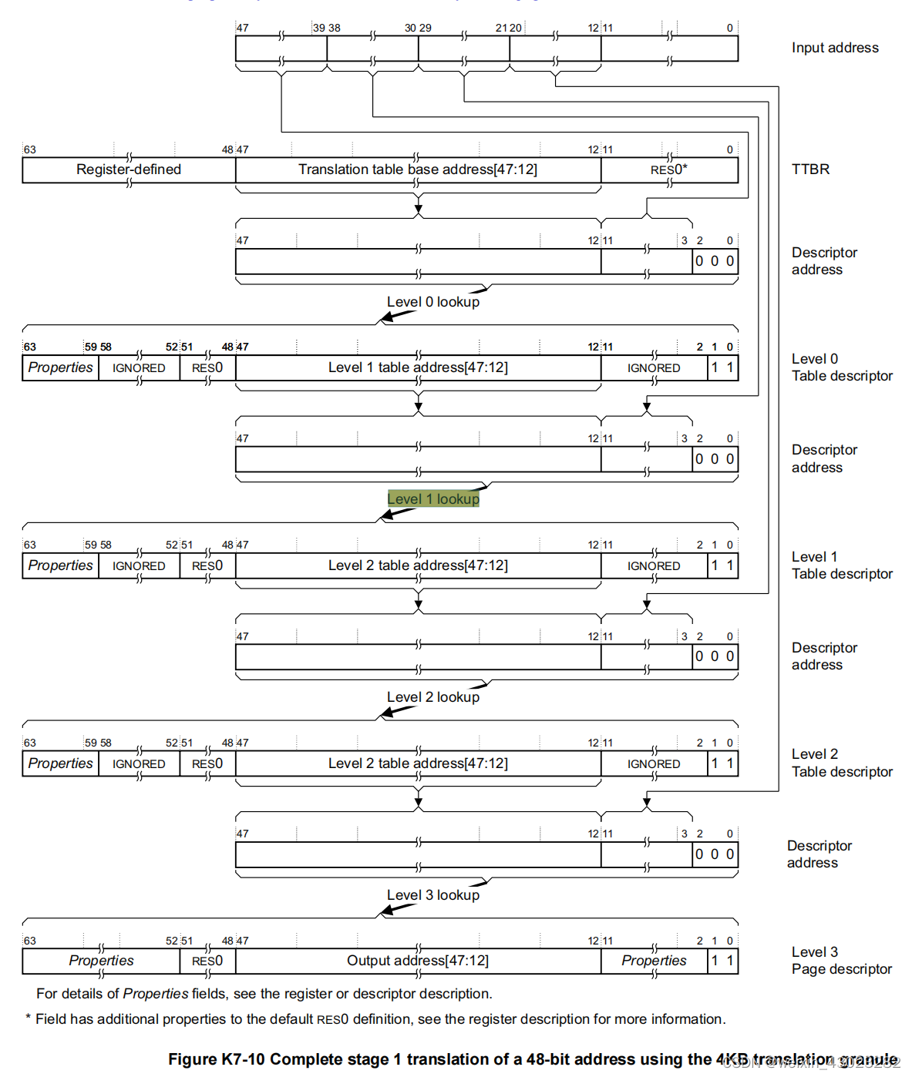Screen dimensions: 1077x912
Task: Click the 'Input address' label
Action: pyautogui.click(x=835, y=48)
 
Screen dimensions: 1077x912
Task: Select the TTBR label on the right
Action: pyautogui.click(x=810, y=169)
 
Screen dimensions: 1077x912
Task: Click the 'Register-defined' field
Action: pyautogui.click(x=129, y=169)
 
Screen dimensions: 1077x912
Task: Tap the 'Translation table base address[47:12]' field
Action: pyautogui.click(x=418, y=169)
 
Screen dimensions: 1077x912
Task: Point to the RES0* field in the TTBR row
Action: pyautogui.click(x=668, y=169)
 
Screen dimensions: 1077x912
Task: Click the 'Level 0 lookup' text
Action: pyautogui.click(x=433, y=302)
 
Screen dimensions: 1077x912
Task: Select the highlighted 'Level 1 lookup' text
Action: pyautogui.click(x=433, y=499)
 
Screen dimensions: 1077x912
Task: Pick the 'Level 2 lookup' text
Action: pyautogui.click(x=433, y=697)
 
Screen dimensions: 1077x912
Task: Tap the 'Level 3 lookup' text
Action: pyautogui.click(x=433, y=895)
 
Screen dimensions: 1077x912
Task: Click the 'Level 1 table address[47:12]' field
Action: pyautogui.click(x=418, y=367)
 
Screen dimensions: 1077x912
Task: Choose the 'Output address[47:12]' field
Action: pyautogui.click(x=418, y=961)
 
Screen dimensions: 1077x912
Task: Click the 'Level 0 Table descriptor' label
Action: pyautogui.click(x=842, y=367)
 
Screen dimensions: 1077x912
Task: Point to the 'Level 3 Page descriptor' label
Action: pyautogui.click(x=841, y=961)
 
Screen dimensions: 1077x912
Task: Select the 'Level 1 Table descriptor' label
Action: pyautogui.click(x=842, y=565)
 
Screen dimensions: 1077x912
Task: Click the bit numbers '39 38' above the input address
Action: pyautogui.click(x=327, y=28)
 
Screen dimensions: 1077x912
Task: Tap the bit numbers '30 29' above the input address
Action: pyautogui.click(x=418, y=28)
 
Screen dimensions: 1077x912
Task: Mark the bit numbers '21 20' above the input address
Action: pyautogui.click(x=509, y=28)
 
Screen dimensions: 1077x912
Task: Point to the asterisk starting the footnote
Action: pyautogui.click(x=29, y=1019)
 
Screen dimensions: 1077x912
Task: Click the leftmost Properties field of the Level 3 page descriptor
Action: pyautogui.click(x=101, y=961)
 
